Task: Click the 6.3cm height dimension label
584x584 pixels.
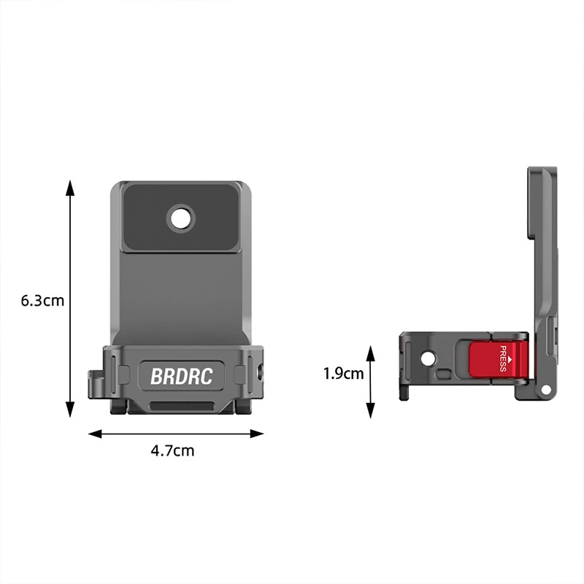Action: (42, 301)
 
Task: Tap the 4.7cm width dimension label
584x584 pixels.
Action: (172, 450)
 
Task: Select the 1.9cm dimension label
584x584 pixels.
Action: (343, 374)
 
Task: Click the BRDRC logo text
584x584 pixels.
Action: (181, 376)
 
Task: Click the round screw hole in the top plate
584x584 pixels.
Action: (181, 218)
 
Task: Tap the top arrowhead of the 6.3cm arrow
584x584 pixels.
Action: (70, 188)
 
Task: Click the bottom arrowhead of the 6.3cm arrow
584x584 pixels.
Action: (70, 410)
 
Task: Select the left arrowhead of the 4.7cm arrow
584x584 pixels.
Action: (96, 434)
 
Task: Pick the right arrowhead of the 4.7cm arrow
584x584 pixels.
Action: (257, 434)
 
